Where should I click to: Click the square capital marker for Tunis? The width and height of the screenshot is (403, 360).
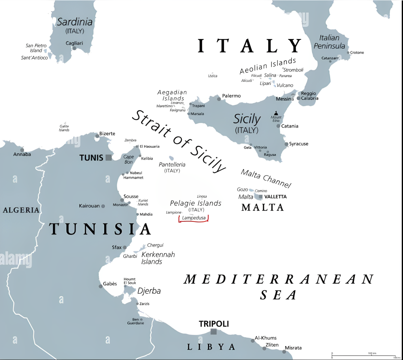(109, 157)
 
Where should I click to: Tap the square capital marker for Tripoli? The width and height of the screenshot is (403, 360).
(213, 331)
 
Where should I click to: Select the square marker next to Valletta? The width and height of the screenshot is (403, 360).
(261, 197)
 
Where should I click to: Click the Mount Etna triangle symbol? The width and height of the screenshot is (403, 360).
(276, 113)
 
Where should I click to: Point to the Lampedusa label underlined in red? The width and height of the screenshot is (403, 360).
(194, 218)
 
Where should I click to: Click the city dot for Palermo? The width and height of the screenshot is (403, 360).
(219, 99)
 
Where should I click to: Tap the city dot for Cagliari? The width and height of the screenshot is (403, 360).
(74, 48)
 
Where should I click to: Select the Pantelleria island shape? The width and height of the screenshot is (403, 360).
(171, 158)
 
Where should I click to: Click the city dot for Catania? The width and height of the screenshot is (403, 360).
(278, 126)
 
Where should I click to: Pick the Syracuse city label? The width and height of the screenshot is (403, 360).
(298, 144)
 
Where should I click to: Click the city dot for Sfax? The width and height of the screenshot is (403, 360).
(125, 248)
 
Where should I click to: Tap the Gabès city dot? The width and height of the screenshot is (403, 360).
(100, 286)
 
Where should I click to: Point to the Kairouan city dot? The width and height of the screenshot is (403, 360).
(103, 206)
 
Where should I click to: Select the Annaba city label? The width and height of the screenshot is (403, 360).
(22, 154)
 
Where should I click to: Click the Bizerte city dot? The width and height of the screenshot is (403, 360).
(97, 136)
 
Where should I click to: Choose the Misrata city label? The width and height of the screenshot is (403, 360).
(293, 348)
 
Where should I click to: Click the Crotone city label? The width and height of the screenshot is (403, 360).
(357, 53)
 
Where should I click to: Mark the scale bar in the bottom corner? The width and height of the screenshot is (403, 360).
(364, 355)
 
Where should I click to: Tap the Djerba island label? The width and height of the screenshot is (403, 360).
(149, 291)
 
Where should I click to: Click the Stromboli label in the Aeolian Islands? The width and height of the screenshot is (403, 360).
(293, 70)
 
